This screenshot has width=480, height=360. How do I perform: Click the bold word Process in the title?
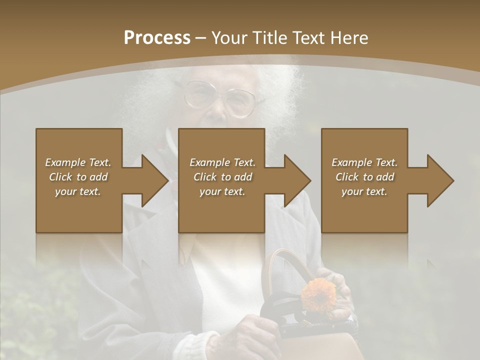click(157, 38)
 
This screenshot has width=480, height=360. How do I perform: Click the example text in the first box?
click(78, 177)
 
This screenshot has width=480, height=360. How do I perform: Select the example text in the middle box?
click(222, 177)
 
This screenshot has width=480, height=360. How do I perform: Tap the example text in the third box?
click(364, 177)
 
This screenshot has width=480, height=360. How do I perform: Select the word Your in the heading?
click(228, 38)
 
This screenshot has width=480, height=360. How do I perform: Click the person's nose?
click(218, 110)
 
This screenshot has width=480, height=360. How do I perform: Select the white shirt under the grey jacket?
click(225, 280)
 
